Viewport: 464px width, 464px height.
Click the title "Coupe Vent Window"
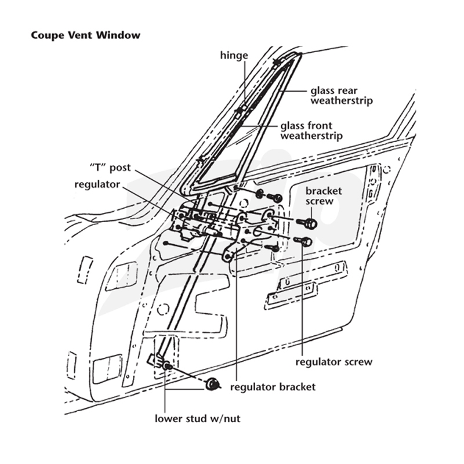(x=85, y=35)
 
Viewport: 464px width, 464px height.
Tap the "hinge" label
(x=234, y=56)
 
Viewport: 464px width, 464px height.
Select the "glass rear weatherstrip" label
(x=342, y=96)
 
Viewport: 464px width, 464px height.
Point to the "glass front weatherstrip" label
(x=311, y=131)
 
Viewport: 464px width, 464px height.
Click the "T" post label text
(x=110, y=168)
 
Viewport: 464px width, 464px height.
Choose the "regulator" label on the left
(x=97, y=184)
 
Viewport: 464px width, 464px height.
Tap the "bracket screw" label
(x=324, y=196)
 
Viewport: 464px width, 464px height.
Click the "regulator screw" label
(x=334, y=362)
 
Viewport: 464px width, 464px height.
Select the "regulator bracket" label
(x=273, y=387)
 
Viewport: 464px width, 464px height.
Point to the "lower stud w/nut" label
(x=197, y=418)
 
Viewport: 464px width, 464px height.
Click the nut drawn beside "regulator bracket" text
(x=212, y=384)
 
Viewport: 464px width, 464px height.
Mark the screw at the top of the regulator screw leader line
(x=303, y=241)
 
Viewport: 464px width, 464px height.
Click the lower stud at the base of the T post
(x=168, y=367)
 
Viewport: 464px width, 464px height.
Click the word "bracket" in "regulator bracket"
(x=296, y=387)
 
